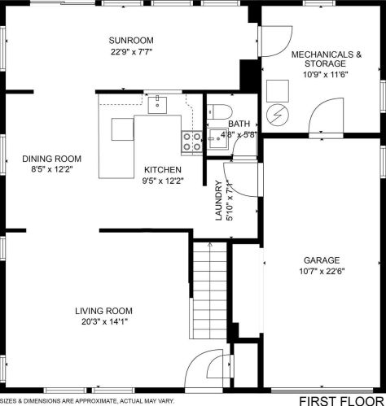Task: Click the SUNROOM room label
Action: coord(131,41)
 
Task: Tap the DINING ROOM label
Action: coord(51,159)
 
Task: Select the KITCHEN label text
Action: coord(163,170)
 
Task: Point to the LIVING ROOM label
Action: coord(103,311)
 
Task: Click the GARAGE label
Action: coord(322,260)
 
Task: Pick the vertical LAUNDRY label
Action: coord(219,200)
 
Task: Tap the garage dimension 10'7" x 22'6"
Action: coord(322,271)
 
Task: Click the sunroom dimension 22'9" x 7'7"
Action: coord(131,52)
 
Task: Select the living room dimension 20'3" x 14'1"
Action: coord(104,322)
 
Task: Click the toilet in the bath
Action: coord(220,111)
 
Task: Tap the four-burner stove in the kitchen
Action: coord(192,141)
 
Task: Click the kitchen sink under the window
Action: coord(157,104)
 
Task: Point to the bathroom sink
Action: coord(217,139)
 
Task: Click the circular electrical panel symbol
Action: coord(278,116)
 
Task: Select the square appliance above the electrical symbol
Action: coord(278,91)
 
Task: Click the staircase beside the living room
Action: coord(209,291)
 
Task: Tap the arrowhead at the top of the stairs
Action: coord(210,244)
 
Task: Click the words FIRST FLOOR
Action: coord(341,401)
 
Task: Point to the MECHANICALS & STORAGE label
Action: coord(327,59)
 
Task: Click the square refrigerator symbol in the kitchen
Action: coord(122,129)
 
